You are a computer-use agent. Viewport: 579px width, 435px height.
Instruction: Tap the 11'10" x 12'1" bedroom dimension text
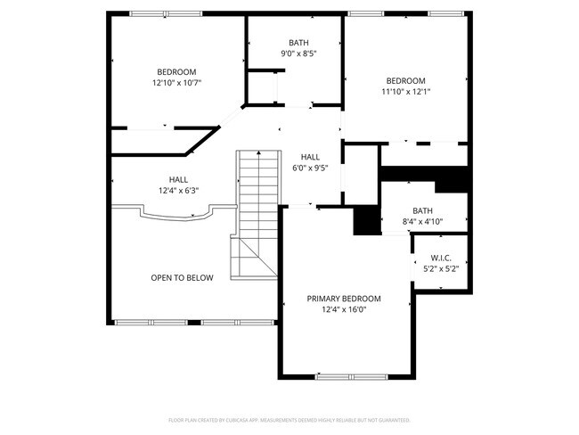[x=405, y=91]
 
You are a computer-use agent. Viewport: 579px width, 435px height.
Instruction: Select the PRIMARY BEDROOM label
[x=344, y=299]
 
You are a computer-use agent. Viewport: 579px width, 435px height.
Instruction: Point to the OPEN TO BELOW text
[x=182, y=278]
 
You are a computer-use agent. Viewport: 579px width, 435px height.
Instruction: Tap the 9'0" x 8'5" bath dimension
[x=298, y=53]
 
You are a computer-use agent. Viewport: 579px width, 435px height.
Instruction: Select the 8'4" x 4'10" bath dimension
[x=422, y=222]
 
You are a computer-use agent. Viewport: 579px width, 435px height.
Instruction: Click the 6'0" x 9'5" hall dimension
[x=309, y=168]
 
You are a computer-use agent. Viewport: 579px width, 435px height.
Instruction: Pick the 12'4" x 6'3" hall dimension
[x=178, y=190]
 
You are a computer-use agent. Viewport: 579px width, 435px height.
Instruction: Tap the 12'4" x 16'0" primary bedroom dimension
[x=344, y=309]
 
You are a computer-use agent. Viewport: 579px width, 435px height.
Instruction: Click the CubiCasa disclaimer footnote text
[x=289, y=419]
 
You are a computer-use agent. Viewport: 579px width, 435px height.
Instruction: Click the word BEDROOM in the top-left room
[x=176, y=72]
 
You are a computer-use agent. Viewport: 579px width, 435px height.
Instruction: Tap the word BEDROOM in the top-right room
[x=405, y=80]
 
